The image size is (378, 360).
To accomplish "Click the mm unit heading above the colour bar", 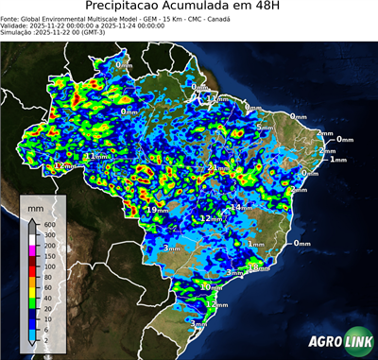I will pos(36,206).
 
